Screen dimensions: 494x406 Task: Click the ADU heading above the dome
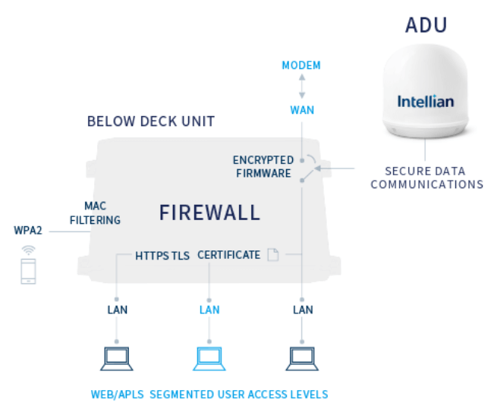426,25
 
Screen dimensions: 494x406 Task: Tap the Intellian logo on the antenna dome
425,102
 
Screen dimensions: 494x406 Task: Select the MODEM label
301,65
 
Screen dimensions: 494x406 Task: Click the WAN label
302,110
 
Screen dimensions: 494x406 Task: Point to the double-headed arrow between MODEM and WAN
302,86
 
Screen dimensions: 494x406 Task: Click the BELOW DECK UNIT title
151,121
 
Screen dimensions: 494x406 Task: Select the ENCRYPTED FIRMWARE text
263,167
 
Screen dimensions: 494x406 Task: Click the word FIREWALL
209,212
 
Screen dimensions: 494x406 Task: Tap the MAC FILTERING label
95,213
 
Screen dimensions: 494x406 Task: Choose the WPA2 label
28,230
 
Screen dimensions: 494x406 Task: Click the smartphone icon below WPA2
28,271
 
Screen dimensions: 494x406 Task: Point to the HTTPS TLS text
162,256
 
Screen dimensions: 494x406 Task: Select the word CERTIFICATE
228,255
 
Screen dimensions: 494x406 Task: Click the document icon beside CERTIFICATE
273,254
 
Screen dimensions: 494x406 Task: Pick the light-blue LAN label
209,310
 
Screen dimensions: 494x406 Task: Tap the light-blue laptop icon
209,359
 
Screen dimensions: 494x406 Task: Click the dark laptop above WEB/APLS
117,359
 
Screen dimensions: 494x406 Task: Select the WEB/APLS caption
117,395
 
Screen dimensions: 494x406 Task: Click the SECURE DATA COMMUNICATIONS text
427,178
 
